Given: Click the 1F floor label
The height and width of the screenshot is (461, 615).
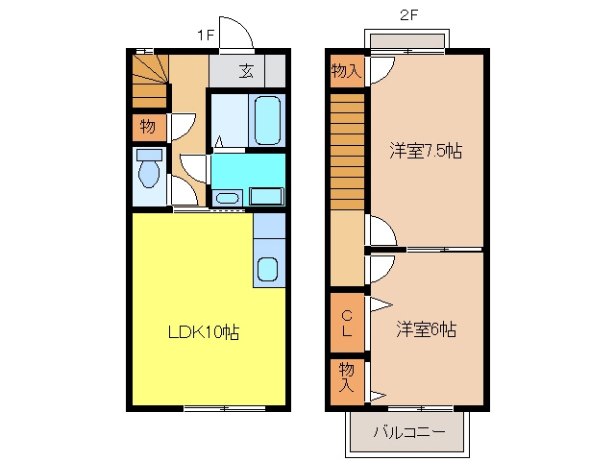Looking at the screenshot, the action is [205, 36].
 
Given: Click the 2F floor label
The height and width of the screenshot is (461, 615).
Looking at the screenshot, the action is [408, 15].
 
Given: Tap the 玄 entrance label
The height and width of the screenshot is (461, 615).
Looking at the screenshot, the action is [246, 71].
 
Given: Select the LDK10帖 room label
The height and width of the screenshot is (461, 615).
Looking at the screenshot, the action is [204, 332].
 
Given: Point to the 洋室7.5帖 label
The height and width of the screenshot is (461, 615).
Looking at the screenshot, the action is [426, 151].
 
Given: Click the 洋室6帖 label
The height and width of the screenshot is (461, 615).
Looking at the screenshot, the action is [426, 329].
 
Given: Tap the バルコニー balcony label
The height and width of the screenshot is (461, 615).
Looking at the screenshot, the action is [409, 432].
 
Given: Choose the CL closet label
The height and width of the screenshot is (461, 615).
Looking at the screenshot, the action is [346, 324].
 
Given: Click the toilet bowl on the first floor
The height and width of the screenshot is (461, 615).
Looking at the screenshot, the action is [149, 174].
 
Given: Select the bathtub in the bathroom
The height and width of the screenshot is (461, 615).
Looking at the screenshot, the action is [267, 120].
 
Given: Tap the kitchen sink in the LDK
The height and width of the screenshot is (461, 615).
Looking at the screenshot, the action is [267, 269].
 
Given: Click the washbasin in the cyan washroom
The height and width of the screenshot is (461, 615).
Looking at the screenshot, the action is [227, 198].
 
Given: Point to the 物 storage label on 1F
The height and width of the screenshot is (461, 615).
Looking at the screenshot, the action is [148, 127].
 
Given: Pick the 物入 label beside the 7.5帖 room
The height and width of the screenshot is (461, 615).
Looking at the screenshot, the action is [346, 71].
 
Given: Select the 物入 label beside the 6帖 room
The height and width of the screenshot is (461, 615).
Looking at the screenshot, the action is [346, 377].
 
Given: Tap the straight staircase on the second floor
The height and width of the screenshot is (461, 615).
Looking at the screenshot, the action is [347, 152].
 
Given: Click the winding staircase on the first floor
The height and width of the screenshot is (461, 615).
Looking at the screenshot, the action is [150, 81].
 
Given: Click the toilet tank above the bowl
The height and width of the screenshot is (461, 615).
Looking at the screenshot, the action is [149, 154].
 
